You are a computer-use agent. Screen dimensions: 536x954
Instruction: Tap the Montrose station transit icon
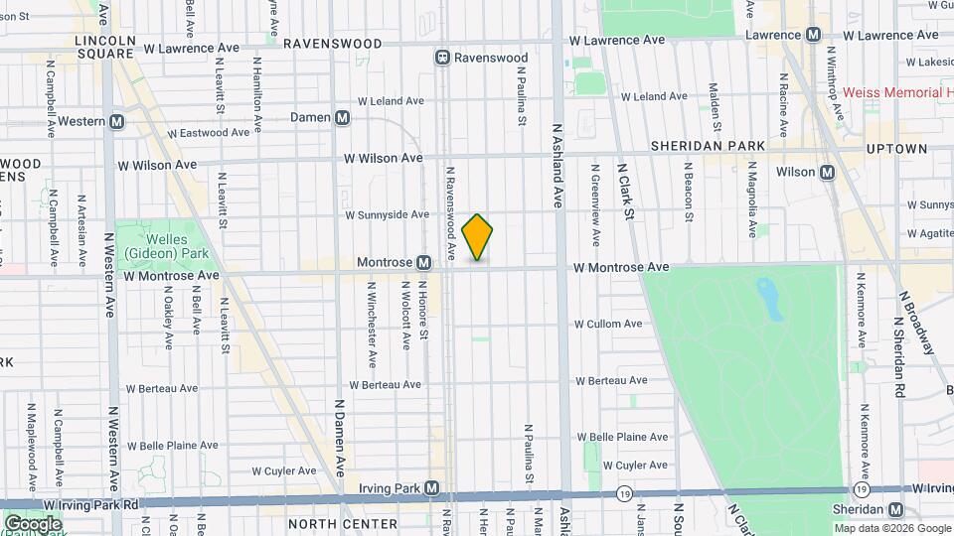click(x=424, y=263)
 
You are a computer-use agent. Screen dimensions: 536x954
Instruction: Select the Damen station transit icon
click(x=343, y=117)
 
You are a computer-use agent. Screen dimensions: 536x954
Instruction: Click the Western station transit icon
click(x=117, y=121)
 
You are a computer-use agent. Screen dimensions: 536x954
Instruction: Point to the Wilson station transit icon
click(x=826, y=172)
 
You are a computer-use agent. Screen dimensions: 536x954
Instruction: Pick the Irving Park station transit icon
click(x=431, y=487)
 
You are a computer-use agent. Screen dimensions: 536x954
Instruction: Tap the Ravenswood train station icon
click(x=441, y=58)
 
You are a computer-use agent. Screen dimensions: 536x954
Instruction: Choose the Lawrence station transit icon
click(x=813, y=34)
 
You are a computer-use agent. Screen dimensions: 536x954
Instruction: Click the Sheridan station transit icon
click(x=895, y=509)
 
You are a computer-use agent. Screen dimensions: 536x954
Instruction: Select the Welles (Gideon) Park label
click(x=152, y=246)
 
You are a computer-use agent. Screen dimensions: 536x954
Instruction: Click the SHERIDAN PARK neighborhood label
click(x=708, y=146)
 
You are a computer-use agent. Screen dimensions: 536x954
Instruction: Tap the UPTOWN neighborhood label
click(x=895, y=149)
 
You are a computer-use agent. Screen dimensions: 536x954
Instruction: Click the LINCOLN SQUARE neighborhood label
click(x=104, y=48)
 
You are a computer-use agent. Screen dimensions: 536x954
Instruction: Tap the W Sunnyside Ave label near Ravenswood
click(x=387, y=214)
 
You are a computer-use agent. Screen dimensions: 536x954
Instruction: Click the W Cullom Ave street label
click(x=608, y=325)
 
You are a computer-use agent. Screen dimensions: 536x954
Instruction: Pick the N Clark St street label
click(x=627, y=193)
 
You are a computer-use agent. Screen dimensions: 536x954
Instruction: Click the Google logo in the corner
click(x=33, y=523)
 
